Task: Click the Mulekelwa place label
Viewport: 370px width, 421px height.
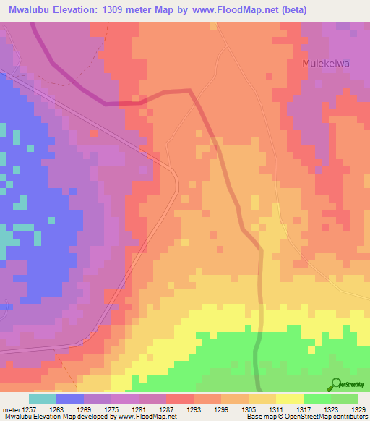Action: pyautogui.click(x=325, y=64)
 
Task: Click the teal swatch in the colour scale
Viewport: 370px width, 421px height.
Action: pyautogui.click(x=43, y=399)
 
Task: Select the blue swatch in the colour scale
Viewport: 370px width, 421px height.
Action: pyautogui.click(x=70, y=399)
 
